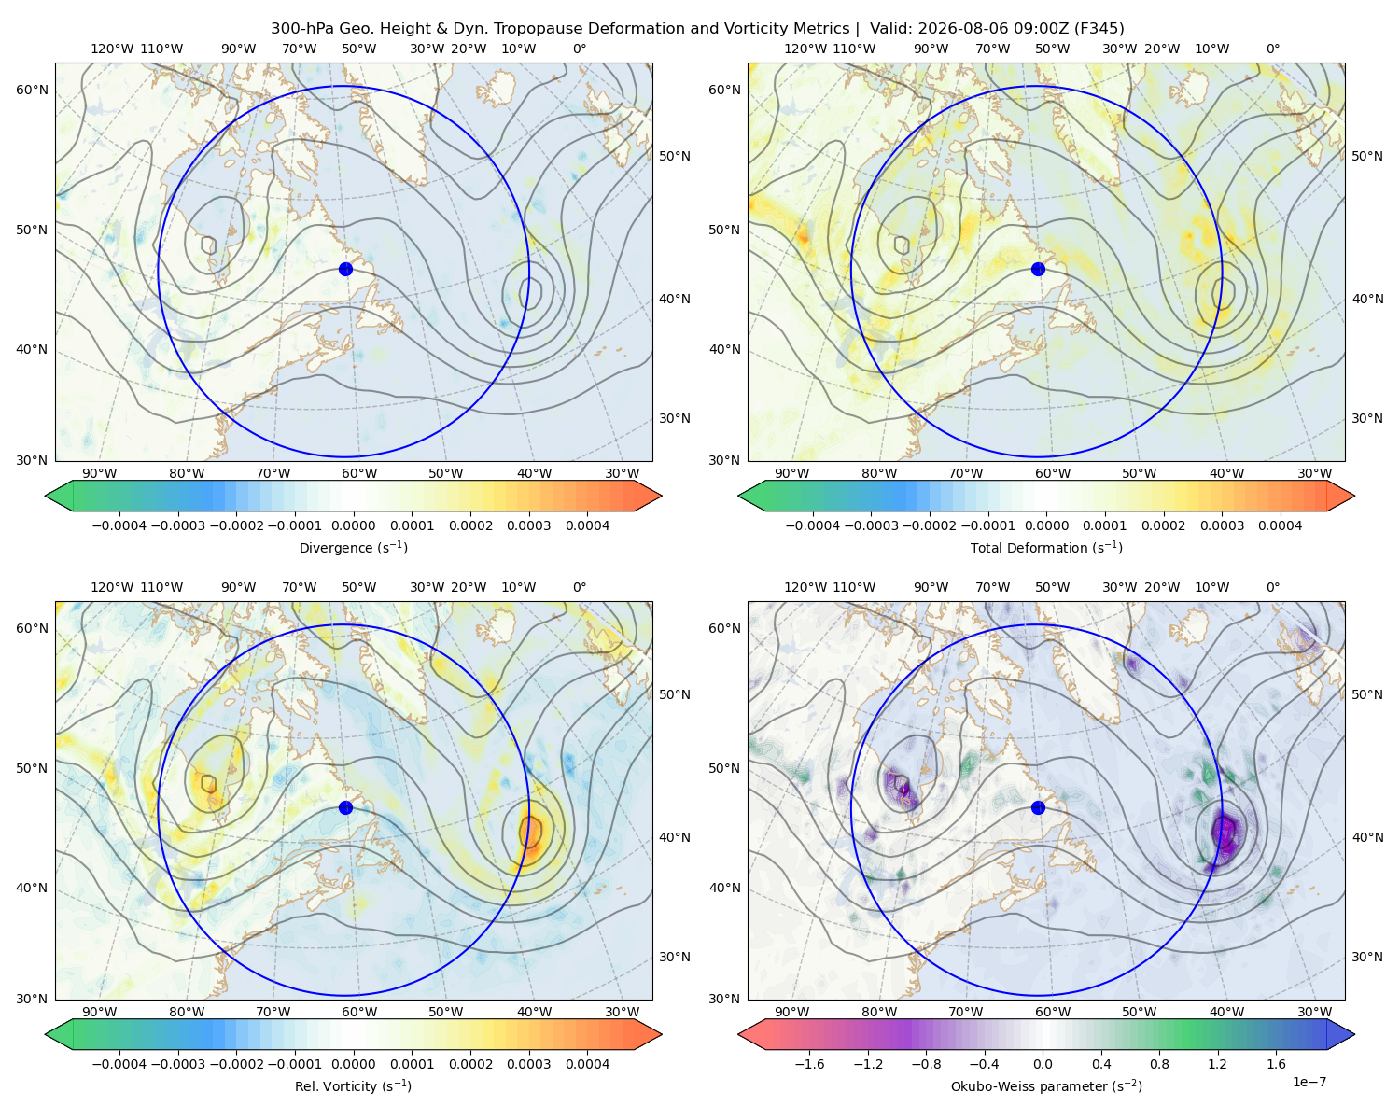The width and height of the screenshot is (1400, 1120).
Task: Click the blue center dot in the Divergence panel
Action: [x=345, y=269]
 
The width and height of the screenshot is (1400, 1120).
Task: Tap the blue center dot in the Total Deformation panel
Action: [x=1038, y=269]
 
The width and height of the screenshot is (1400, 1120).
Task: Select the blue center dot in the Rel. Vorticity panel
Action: [x=345, y=807]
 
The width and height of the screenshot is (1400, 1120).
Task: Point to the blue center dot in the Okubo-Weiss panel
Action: [x=1038, y=807]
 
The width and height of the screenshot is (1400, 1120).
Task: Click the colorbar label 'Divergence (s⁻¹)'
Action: [x=353, y=547]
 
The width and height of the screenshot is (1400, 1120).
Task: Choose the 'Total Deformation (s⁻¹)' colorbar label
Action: [x=1046, y=547]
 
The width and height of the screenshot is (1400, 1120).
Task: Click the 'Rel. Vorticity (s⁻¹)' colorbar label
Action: [x=353, y=1085]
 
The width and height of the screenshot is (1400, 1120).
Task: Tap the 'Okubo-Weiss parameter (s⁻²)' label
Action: [x=1046, y=1085]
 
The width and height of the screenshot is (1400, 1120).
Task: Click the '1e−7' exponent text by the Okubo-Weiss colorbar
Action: [x=1309, y=1082]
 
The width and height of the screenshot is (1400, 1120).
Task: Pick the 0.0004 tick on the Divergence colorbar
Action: [x=587, y=525]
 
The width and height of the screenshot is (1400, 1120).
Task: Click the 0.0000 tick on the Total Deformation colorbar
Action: [x=1046, y=525]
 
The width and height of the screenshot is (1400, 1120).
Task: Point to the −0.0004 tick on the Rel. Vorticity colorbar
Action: [x=119, y=1063]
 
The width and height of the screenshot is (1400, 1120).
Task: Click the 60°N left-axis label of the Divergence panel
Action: [x=32, y=90]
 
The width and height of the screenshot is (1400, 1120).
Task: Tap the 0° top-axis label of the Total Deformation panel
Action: [x=1272, y=49]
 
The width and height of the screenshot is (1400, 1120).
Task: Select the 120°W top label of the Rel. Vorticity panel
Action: [x=112, y=586]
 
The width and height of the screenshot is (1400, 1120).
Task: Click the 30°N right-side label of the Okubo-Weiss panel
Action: [x=1366, y=956]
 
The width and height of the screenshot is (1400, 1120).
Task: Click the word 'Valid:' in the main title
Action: [x=891, y=28]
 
